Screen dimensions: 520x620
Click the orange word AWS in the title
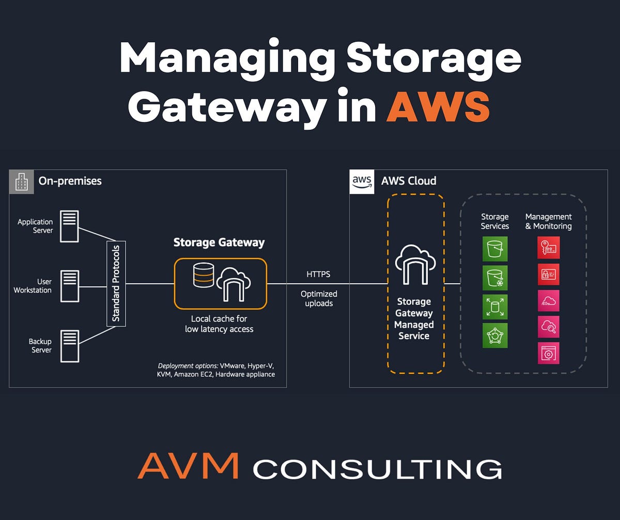point(438,107)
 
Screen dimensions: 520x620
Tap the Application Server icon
point(69,226)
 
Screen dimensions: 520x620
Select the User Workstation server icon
point(69,286)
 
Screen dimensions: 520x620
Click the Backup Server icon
point(69,346)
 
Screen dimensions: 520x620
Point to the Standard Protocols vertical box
point(116,283)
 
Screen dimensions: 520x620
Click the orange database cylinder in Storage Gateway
point(203,274)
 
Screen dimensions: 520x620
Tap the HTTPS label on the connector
point(318,274)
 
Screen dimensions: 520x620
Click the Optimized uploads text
point(319,298)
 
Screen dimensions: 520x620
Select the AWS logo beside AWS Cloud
point(362,181)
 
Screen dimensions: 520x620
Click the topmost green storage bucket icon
point(495,249)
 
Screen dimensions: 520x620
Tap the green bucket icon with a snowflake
point(495,278)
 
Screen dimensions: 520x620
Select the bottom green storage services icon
point(495,335)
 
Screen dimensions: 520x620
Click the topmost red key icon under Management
point(548,248)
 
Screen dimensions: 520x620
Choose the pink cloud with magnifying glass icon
point(548,326)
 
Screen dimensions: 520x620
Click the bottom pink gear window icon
point(548,353)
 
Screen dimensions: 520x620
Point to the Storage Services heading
point(495,221)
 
